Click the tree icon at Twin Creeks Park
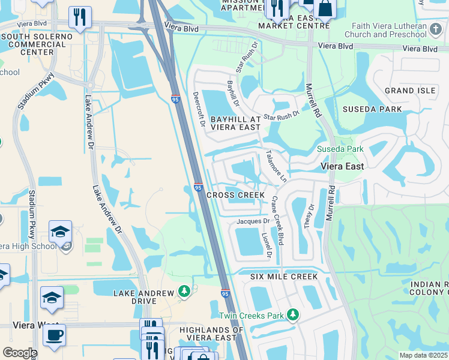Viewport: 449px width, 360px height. click(x=293, y=315)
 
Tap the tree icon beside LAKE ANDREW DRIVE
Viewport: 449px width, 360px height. click(x=184, y=292)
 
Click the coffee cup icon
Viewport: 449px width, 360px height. click(x=54, y=335)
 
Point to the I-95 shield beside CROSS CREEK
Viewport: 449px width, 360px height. click(x=198, y=188)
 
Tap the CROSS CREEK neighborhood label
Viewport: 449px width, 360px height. click(x=235, y=196)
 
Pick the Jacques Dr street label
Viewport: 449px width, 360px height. click(x=253, y=221)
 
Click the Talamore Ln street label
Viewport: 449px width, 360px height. click(x=276, y=166)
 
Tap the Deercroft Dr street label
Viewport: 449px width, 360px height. click(x=199, y=110)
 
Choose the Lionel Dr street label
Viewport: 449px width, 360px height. click(x=267, y=246)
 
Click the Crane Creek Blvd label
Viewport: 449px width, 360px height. click(x=277, y=219)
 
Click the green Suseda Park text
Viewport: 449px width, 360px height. click(x=340, y=149)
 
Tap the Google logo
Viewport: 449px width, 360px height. click(x=19, y=353)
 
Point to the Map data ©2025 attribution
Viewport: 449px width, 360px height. click(x=424, y=355)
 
